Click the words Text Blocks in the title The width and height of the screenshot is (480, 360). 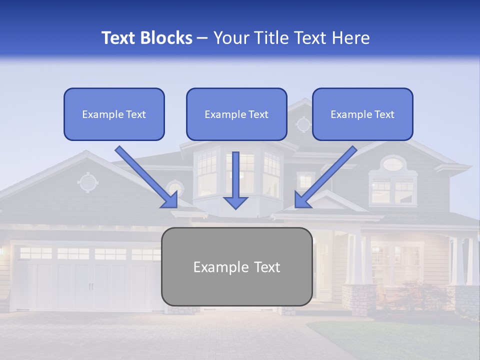(146, 38)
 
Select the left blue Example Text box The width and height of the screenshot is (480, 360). (114, 114)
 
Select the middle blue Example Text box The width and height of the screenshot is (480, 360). (236, 114)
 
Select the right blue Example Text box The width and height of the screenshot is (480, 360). (362, 114)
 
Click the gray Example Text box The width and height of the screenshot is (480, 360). (236, 266)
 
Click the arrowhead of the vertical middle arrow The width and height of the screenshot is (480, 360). (235, 202)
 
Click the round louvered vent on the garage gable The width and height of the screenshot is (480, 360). (88, 182)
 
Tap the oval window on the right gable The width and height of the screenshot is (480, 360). (393, 163)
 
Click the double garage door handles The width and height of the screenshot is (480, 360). (90, 286)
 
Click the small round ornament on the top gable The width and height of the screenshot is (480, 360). (303, 123)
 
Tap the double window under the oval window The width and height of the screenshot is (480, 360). (393, 190)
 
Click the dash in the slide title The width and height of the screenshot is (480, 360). (202, 38)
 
